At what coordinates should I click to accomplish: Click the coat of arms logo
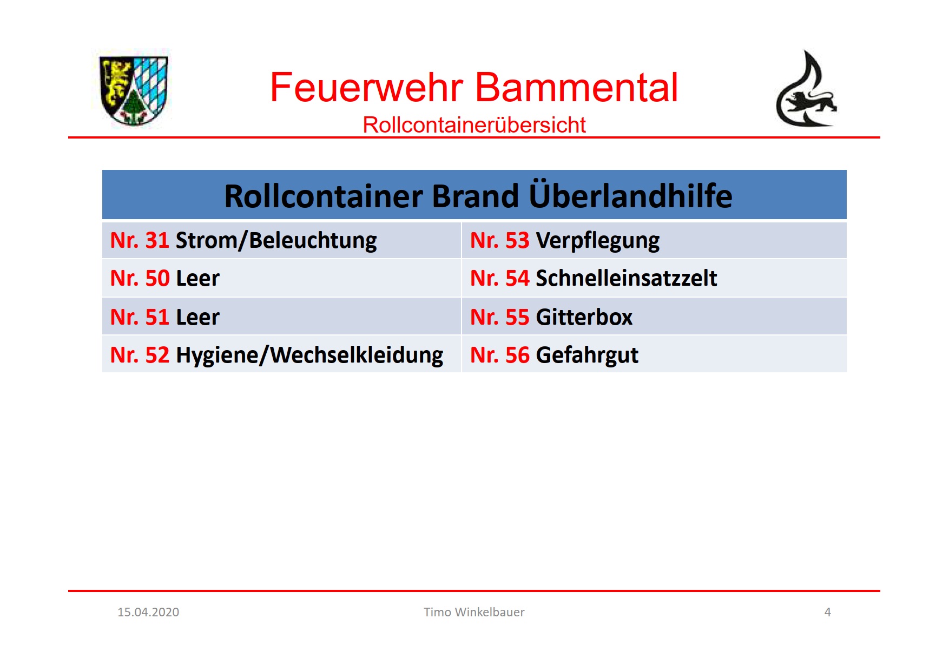pyautogui.click(x=134, y=90)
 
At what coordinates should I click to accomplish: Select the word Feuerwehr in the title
pyautogui.click(x=366, y=88)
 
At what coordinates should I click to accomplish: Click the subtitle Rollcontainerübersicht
pyautogui.click(x=474, y=125)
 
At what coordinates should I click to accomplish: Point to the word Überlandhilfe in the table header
pyautogui.click(x=630, y=195)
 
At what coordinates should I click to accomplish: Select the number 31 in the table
pyautogui.click(x=157, y=241)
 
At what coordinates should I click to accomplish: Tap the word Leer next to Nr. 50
pyautogui.click(x=197, y=279)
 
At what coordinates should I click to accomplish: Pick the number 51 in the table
pyautogui.click(x=157, y=318)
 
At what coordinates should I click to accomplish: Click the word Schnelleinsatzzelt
pyautogui.click(x=627, y=279)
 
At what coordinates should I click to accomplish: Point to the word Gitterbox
pyautogui.click(x=584, y=318)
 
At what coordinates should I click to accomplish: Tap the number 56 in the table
pyautogui.click(x=517, y=356)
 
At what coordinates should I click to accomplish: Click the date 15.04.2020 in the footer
pyautogui.click(x=148, y=613)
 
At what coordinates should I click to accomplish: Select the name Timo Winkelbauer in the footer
pyautogui.click(x=474, y=613)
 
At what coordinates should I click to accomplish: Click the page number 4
pyautogui.click(x=827, y=613)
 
